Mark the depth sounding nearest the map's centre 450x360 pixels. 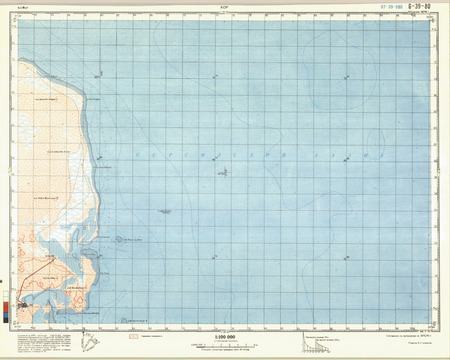click(x=222, y=171)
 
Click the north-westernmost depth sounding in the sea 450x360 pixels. click(x=97, y=75)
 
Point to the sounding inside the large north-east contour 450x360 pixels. click(x=347, y=76)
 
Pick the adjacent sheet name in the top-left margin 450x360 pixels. click(x=23, y=7)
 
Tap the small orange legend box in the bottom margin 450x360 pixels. click(x=133, y=337)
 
